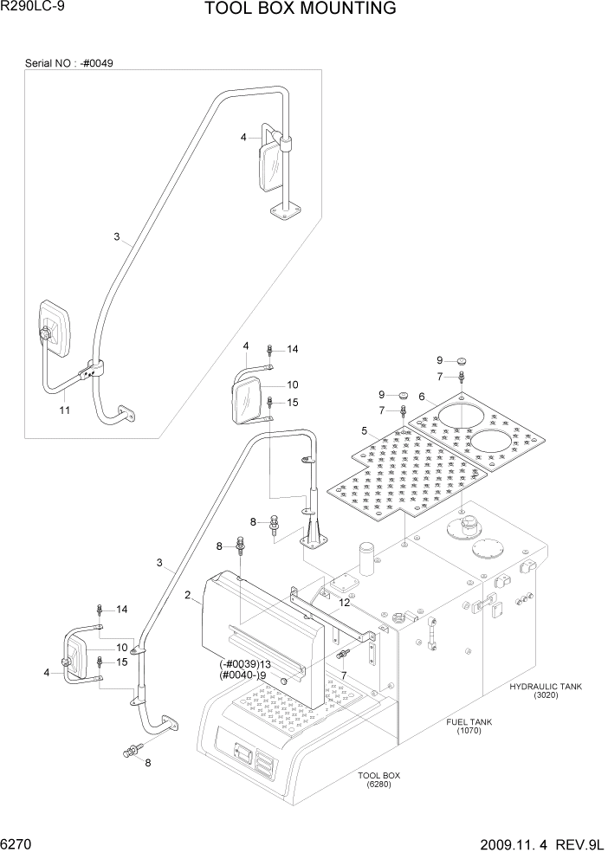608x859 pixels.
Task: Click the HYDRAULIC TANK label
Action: pos(546,687)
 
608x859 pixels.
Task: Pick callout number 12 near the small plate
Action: pos(345,603)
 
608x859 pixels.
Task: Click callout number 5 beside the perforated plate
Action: pos(365,430)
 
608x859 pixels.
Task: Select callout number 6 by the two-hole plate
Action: pos(422,397)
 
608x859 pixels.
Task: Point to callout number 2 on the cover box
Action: pos(187,594)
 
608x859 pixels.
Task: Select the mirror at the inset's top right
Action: pos(268,165)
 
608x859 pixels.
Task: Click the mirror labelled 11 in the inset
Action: pos(55,330)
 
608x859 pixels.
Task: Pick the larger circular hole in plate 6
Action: pos(465,418)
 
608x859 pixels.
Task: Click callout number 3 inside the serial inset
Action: pos(116,236)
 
